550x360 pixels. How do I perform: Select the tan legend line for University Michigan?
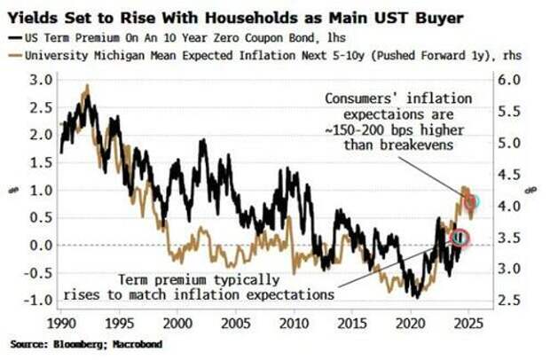(17, 54)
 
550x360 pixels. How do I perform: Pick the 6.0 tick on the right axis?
(507, 80)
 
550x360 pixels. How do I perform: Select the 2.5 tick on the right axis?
(507, 300)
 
